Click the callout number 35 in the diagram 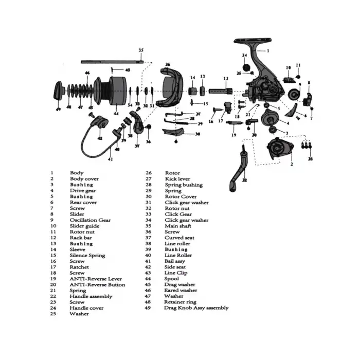click(141, 50)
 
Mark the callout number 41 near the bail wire click(110, 159)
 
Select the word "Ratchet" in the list click(79, 267)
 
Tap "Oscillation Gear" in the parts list click(90, 220)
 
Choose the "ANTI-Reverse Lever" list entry click(96, 279)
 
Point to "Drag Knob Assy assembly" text click(196, 308)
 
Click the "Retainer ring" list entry click(180, 302)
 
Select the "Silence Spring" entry click(87, 255)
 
